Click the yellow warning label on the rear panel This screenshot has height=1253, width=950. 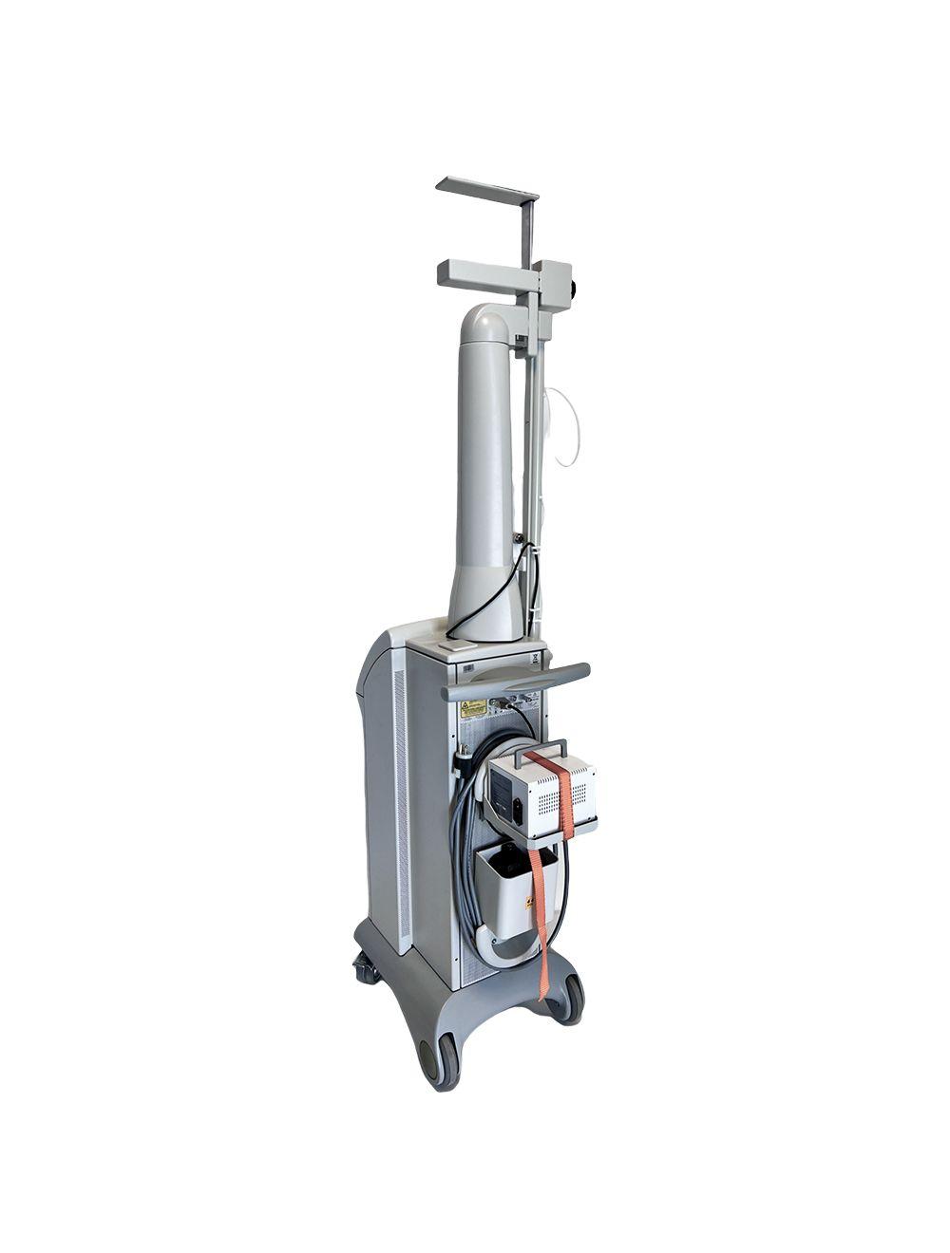473,707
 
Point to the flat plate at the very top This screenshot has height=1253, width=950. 487,189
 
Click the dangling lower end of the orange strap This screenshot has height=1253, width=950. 543,978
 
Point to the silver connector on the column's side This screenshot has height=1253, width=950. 519,537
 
